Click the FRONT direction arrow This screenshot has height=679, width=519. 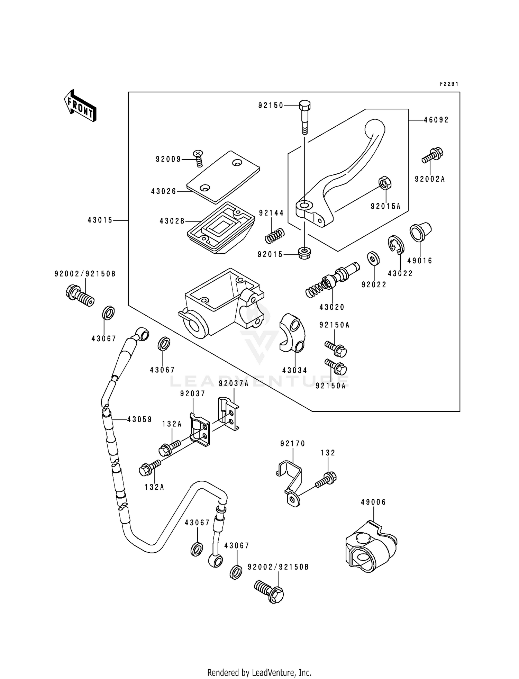click(x=80, y=106)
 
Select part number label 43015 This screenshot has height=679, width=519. click(x=100, y=220)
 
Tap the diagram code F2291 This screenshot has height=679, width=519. click(x=449, y=84)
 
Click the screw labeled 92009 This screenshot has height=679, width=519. click(x=198, y=158)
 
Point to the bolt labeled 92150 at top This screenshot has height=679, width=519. click(x=304, y=116)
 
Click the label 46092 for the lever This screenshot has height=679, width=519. click(x=436, y=120)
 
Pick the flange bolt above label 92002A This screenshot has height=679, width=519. click(x=432, y=155)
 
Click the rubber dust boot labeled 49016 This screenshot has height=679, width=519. click(x=420, y=232)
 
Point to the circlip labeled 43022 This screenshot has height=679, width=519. click(x=395, y=246)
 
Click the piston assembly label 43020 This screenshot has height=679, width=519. click(x=332, y=307)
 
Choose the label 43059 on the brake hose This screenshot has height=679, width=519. click(x=139, y=419)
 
